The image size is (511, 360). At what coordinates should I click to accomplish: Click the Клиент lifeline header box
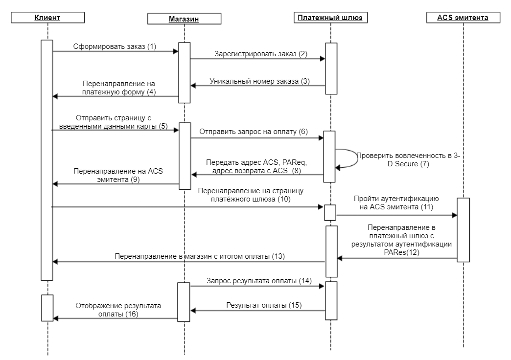tap(47, 18)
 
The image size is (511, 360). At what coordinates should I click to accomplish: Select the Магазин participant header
tap(184, 19)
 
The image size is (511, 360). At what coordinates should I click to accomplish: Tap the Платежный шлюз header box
tap(330, 18)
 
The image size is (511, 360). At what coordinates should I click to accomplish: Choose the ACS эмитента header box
tap(463, 18)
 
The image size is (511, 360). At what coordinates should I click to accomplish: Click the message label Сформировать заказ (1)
tap(115, 46)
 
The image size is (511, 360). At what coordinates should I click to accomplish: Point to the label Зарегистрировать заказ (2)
tap(261, 54)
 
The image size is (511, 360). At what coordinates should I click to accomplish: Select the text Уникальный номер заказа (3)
tap(259, 81)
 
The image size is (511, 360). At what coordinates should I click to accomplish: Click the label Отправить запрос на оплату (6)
tap(254, 132)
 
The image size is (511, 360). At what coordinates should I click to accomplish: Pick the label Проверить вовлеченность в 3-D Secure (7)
tap(408, 159)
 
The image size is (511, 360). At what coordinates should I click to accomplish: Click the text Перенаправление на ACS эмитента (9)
tap(118, 175)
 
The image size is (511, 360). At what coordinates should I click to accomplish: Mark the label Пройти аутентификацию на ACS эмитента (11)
tap(396, 202)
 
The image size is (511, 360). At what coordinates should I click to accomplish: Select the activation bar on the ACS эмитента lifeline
tap(463, 230)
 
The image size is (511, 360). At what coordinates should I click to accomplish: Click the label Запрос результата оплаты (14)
tap(259, 281)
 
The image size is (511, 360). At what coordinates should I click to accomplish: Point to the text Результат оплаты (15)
tap(264, 305)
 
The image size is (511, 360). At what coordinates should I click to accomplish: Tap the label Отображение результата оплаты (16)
tap(118, 310)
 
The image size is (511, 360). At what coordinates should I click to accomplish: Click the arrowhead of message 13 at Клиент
tap(55, 262)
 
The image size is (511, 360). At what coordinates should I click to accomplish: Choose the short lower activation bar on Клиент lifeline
tap(47, 308)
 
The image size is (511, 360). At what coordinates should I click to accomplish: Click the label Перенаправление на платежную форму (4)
tap(119, 88)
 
